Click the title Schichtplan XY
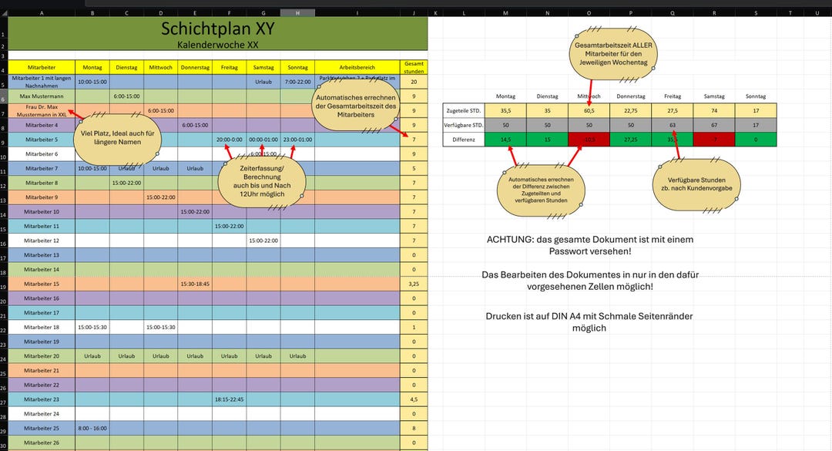tap(217, 29)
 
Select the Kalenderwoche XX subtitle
tap(217, 45)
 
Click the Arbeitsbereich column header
tap(357, 67)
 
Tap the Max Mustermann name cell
tap(41, 96)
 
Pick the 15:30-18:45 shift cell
tap(195, 284)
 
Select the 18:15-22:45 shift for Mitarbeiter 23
tap(230, 399)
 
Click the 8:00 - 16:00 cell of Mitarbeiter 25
tap(92, 428)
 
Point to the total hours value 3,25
tap(414, 284)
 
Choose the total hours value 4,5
tap(414, 399)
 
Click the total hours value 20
tap(414, 82)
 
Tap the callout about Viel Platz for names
tap(118, 133)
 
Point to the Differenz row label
tap(465, 140)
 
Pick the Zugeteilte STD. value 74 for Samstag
tap(714, 110)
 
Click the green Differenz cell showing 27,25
tap(631, 140)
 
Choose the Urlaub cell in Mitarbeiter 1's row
tap(263, 82)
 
